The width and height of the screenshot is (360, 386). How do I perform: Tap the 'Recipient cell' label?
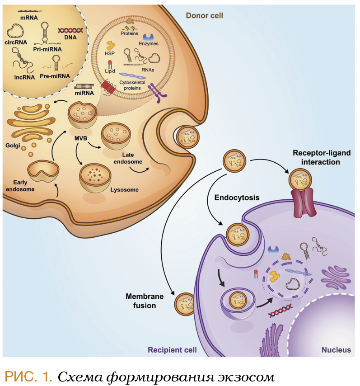(x=172, y=349)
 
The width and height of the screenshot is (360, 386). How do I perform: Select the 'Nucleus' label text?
(x=336, y=349)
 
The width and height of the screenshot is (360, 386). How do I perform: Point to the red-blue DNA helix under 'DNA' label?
(x=70, y=30)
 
